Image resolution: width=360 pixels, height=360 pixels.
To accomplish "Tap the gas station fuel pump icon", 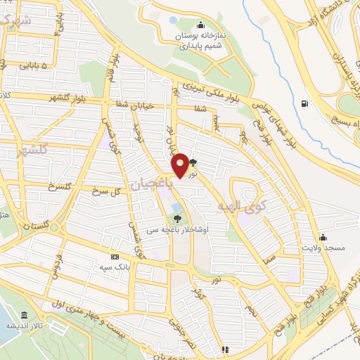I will coord(304,104).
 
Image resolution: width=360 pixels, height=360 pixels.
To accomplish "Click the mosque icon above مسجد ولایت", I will coord(323,236).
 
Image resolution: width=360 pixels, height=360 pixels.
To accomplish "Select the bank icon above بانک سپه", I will coord(115,257).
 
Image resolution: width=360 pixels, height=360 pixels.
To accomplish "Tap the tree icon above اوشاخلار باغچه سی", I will coord(177,218).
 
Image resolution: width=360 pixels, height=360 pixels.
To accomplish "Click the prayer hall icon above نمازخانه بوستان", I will coord(201,25).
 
